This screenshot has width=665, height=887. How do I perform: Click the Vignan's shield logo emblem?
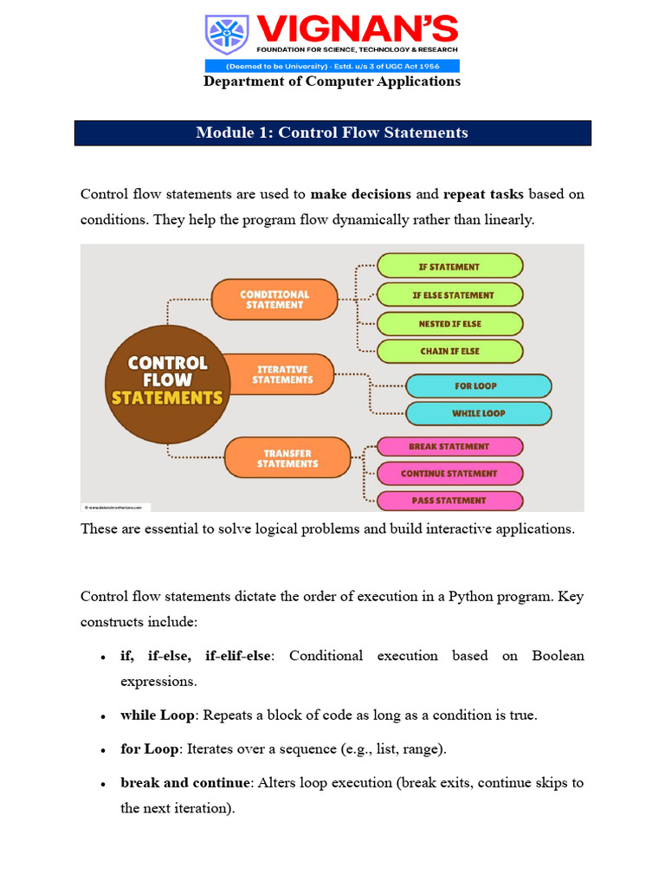pos(226,36)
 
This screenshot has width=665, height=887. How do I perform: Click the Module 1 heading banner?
pos(332,133)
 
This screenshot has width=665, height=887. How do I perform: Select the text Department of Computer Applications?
pos(332,81)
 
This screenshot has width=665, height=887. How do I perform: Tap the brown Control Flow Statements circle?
pos(168,380)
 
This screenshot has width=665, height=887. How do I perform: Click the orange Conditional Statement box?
pos(274,300)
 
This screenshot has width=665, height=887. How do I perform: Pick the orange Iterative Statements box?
pos(282,374)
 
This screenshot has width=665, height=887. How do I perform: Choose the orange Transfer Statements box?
pos(287,458)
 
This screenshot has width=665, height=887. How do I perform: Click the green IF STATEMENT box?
pos(450,267)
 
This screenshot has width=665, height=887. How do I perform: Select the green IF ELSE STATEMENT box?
pos(450,295)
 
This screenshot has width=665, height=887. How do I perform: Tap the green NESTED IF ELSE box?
pos(450,324)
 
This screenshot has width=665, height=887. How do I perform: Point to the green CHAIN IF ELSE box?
pos(450,351)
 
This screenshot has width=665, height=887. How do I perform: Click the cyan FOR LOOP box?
pos(478,385)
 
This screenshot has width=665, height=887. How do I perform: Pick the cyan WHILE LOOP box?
pos(478,413)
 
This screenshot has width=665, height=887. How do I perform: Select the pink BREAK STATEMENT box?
pos(449,446)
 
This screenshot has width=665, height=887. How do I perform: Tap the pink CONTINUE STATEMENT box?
pos(449,474)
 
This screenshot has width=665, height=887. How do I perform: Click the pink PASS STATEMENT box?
pos(449,501)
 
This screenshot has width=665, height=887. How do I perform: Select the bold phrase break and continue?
pos(184,783)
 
